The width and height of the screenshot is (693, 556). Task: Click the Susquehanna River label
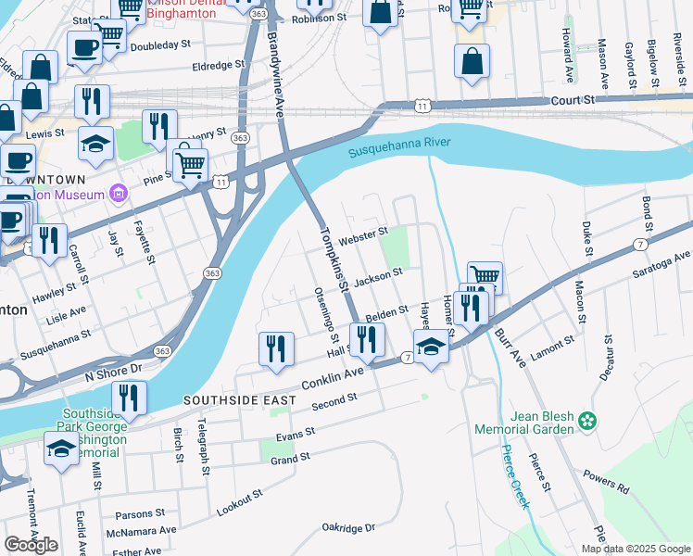pos(399,147)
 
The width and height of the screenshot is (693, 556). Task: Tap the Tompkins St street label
pos(334,260)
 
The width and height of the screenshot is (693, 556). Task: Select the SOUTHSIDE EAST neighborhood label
pos(239,400)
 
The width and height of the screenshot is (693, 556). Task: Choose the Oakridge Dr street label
pos(348,527)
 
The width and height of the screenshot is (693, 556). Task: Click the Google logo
pos(31,545)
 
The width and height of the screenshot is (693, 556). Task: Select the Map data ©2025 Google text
pos(635,549)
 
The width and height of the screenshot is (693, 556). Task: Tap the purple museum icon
pos(118,193)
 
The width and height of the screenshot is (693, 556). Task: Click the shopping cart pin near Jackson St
pos(485,276)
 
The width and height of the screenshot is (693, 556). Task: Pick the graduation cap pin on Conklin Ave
pos(431,347)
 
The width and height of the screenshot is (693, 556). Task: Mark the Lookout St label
pos(239,503)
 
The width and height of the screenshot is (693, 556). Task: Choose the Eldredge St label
pos(217,66)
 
